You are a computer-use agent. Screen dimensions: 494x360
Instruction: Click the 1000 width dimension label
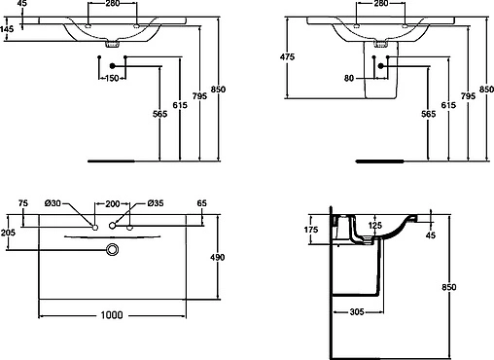tap(112, 314)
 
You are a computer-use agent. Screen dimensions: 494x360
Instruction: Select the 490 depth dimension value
tap(217, 257)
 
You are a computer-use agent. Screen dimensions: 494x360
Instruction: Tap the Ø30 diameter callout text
tap(53, 203)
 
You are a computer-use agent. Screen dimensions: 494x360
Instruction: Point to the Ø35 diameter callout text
tap(156, 203)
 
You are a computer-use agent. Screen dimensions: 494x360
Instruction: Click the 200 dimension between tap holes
tap(113, 204)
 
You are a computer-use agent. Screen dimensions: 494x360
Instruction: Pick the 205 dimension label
tap(8, 233)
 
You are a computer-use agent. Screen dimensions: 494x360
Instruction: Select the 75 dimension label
tap(23, 203)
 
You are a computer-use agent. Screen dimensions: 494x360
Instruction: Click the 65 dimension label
tap(201, 203)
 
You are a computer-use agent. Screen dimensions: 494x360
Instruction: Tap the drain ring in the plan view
tap(113, 245)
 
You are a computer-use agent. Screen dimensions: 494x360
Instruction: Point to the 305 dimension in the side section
tap(357, 312)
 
